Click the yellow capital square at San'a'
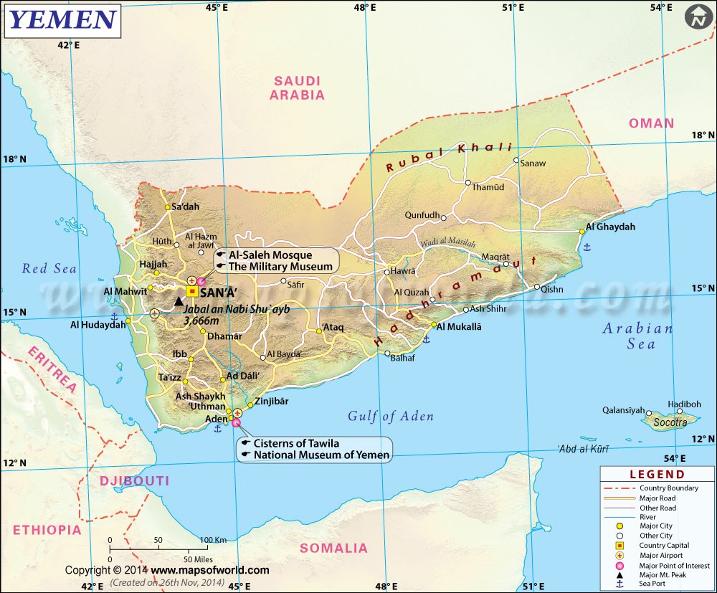(192, 291)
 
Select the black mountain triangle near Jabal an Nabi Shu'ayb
(179, 302)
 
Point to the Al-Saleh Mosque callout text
(270, 255)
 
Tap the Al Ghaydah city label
(610, 227)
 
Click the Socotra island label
(670, 423)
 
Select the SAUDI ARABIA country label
(298, 87)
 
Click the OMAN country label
(651, 123)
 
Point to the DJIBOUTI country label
(135, 480)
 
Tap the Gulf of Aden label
(391, 416)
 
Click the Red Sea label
(49, 268)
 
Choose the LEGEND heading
(657, 474)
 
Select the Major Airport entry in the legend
(660, 555)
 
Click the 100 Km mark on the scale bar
(214, 540)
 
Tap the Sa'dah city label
(185, 207)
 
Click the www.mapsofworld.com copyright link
(209, 570)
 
